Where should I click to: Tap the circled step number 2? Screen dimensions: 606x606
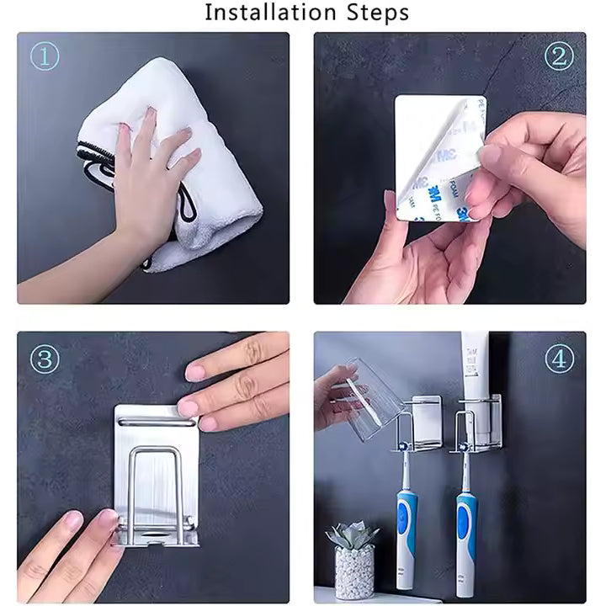559,56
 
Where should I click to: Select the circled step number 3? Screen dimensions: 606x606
45,360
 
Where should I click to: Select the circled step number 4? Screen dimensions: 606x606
559,359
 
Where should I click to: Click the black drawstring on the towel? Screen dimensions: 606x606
97,168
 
